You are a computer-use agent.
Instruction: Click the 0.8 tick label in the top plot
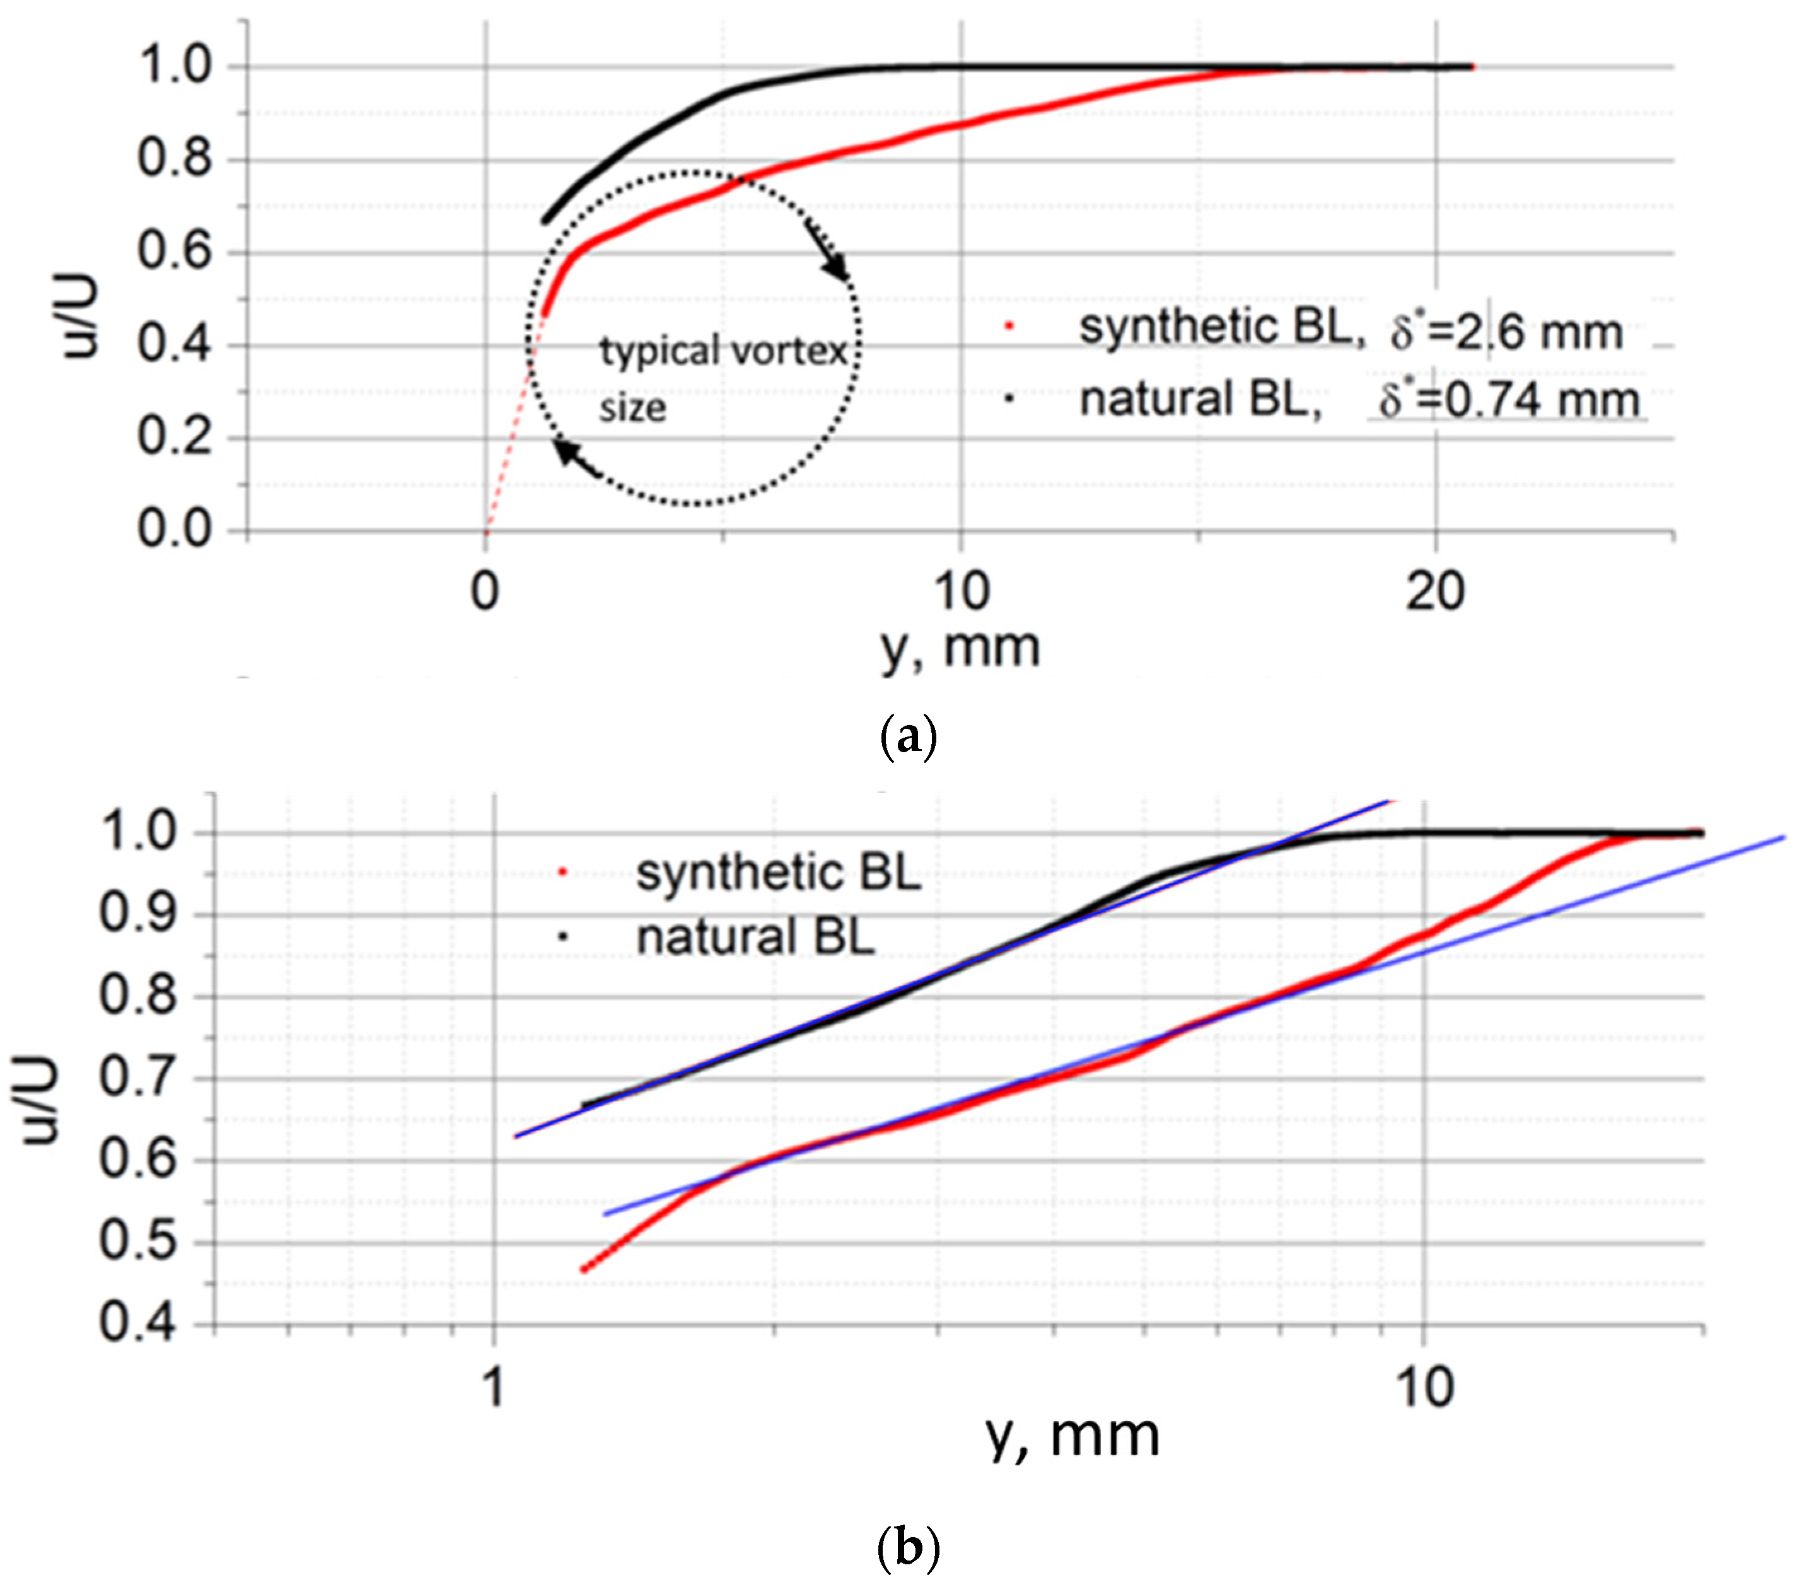pos(175,159)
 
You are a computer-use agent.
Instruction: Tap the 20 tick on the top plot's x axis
pos(1435,591)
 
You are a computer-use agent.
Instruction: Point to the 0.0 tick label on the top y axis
pos(175,529)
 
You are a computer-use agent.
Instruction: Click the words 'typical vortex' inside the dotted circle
pos(723,352)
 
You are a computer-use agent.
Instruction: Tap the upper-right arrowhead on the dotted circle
pos(837,267)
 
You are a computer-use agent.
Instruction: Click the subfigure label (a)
pos(908,736)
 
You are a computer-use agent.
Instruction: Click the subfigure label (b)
pos(908,1547)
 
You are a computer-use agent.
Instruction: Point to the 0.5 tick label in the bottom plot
pos(137,1241)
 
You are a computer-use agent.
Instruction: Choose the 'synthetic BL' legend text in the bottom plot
pos(777,873)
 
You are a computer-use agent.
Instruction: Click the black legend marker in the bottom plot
pos(563,936)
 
